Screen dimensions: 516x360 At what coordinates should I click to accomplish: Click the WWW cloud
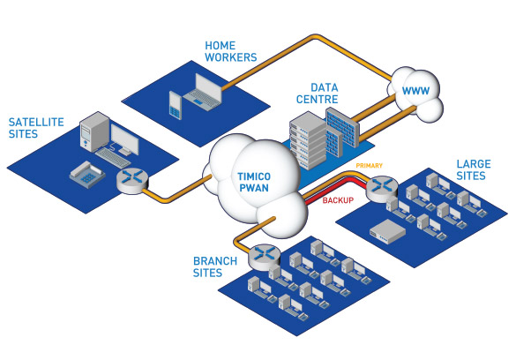[415, 94]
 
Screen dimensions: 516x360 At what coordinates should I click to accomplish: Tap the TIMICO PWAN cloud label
[254, 182]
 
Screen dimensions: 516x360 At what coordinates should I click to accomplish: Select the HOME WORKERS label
[231, 51]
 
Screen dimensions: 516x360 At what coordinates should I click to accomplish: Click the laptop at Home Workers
[202, 92]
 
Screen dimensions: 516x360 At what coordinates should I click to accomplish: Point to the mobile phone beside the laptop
[176, 105]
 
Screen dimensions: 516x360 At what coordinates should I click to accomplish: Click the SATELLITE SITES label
[36, 128]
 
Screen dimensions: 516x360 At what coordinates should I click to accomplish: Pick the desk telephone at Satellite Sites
[86, 175]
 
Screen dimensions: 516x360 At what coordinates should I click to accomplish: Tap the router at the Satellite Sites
[132, 181]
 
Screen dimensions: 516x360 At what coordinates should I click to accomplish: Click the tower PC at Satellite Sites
[94, 131]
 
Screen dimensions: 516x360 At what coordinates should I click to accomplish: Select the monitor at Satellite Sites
[124, 139]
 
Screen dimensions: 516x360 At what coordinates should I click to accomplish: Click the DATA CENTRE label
[318, 94]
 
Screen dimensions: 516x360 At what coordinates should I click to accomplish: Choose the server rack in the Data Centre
[308, 140]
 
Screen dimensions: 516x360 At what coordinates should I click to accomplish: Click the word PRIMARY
[370, 166]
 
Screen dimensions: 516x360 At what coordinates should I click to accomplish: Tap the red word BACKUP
[338, 200]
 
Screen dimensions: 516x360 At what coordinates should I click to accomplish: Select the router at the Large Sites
[382, 189]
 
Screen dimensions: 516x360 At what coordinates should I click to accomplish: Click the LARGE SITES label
[474, 169]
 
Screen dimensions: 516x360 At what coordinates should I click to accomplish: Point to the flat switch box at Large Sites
[387, 231]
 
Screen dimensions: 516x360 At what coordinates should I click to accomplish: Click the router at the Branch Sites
[265, 257]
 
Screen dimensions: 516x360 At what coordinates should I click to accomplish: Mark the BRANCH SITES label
[215, 266]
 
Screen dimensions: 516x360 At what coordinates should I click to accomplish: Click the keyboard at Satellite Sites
[113, 158]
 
